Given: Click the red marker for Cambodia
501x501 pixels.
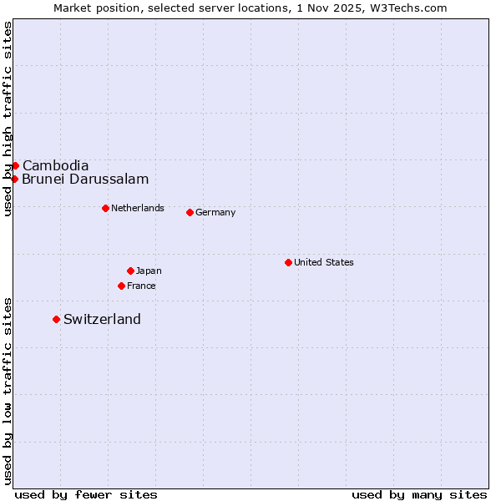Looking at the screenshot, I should tap(15, 165).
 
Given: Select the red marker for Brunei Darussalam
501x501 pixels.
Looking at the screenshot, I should tap(14, 179).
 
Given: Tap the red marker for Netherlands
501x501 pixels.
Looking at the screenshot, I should tap(105, 208).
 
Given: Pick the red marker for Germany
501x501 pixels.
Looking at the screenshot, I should tap(190, 212).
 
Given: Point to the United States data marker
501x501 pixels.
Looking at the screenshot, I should tap(288, 262).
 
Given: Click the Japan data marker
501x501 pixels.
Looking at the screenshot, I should tap(130, 271).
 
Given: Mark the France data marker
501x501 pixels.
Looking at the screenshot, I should tap(121, 286).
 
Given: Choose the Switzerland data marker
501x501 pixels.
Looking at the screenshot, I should tap(56, 319).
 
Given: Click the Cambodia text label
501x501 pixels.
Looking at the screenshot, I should tap(55, 165).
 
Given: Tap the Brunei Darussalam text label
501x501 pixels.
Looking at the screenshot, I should tap(85, 179).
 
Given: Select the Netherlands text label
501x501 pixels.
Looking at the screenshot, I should tap(138, 208).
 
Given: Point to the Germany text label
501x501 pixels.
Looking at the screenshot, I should tap(215, 212).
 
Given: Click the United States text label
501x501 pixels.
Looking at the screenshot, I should tap(324, 262).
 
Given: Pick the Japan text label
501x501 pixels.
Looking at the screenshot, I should tap(149, 271).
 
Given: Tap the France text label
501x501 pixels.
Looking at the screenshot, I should tap(141, 286).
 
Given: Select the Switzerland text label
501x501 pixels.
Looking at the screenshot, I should tap(102, 319).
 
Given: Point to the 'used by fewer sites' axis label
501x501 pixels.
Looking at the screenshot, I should tap(86, 494).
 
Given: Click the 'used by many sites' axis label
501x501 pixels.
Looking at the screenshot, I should tap(419, 494).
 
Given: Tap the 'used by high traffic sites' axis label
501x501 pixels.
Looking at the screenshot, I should tap(8, 119).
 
